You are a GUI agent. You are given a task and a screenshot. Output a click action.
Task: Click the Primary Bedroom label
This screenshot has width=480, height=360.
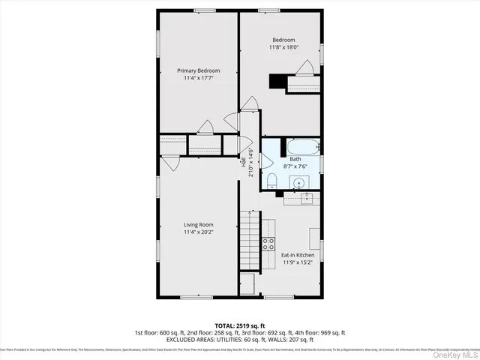tap(198, 70)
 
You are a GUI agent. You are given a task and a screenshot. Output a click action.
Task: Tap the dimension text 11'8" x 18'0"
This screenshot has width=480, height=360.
tap(283, 47)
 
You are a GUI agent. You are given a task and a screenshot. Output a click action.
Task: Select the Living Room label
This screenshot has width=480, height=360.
tap(199, 224)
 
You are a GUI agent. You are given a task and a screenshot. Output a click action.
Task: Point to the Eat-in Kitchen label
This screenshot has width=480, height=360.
tap(297, 255)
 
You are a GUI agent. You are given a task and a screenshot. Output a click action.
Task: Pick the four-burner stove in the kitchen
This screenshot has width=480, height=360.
tap(268, 243)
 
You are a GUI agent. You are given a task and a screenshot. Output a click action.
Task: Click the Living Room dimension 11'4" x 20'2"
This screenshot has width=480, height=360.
tap(199, 232)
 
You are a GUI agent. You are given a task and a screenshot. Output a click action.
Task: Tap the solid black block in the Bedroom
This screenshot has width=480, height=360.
tap(280, 81)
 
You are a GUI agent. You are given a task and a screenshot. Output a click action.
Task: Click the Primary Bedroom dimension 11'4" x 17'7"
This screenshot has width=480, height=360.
tap(198, 78)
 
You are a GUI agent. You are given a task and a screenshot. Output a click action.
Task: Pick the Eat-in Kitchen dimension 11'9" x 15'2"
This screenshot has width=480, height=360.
tap(297, 262)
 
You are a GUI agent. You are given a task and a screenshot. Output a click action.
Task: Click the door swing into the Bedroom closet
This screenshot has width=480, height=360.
tap(304, 69)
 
